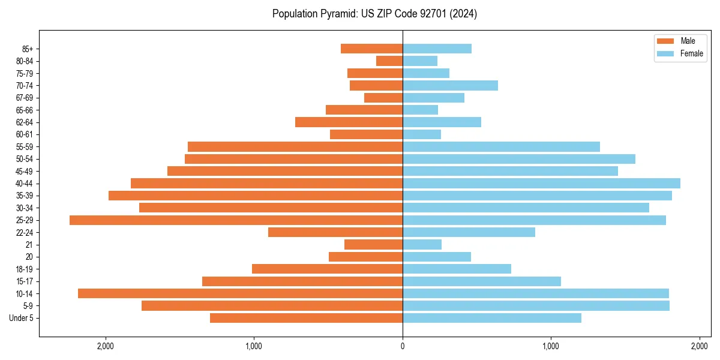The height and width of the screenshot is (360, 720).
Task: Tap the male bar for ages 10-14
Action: click(240, 293)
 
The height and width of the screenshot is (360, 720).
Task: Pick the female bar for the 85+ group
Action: click(437, 49)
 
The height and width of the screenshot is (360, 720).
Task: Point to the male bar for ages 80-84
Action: click(389, 61)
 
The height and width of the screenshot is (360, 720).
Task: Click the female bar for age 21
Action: click(422, 244)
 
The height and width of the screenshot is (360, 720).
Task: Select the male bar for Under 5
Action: click(306, 318)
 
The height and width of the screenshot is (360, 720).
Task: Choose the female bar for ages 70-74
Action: click(450, 85)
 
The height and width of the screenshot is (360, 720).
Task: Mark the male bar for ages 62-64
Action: click(349, 122)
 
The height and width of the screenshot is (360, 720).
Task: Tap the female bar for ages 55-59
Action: click(501, 146)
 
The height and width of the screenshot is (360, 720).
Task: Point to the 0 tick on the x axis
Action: click(403, 346)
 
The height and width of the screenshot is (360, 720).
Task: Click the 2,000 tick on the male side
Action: click(106, 346)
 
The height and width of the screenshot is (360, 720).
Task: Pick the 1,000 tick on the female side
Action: click(551, 346)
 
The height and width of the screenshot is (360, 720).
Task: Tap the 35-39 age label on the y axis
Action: click(25, 196)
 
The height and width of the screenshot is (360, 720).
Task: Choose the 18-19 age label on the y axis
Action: click(25, 269)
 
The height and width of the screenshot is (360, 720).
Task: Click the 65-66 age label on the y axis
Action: click(25, 110)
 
